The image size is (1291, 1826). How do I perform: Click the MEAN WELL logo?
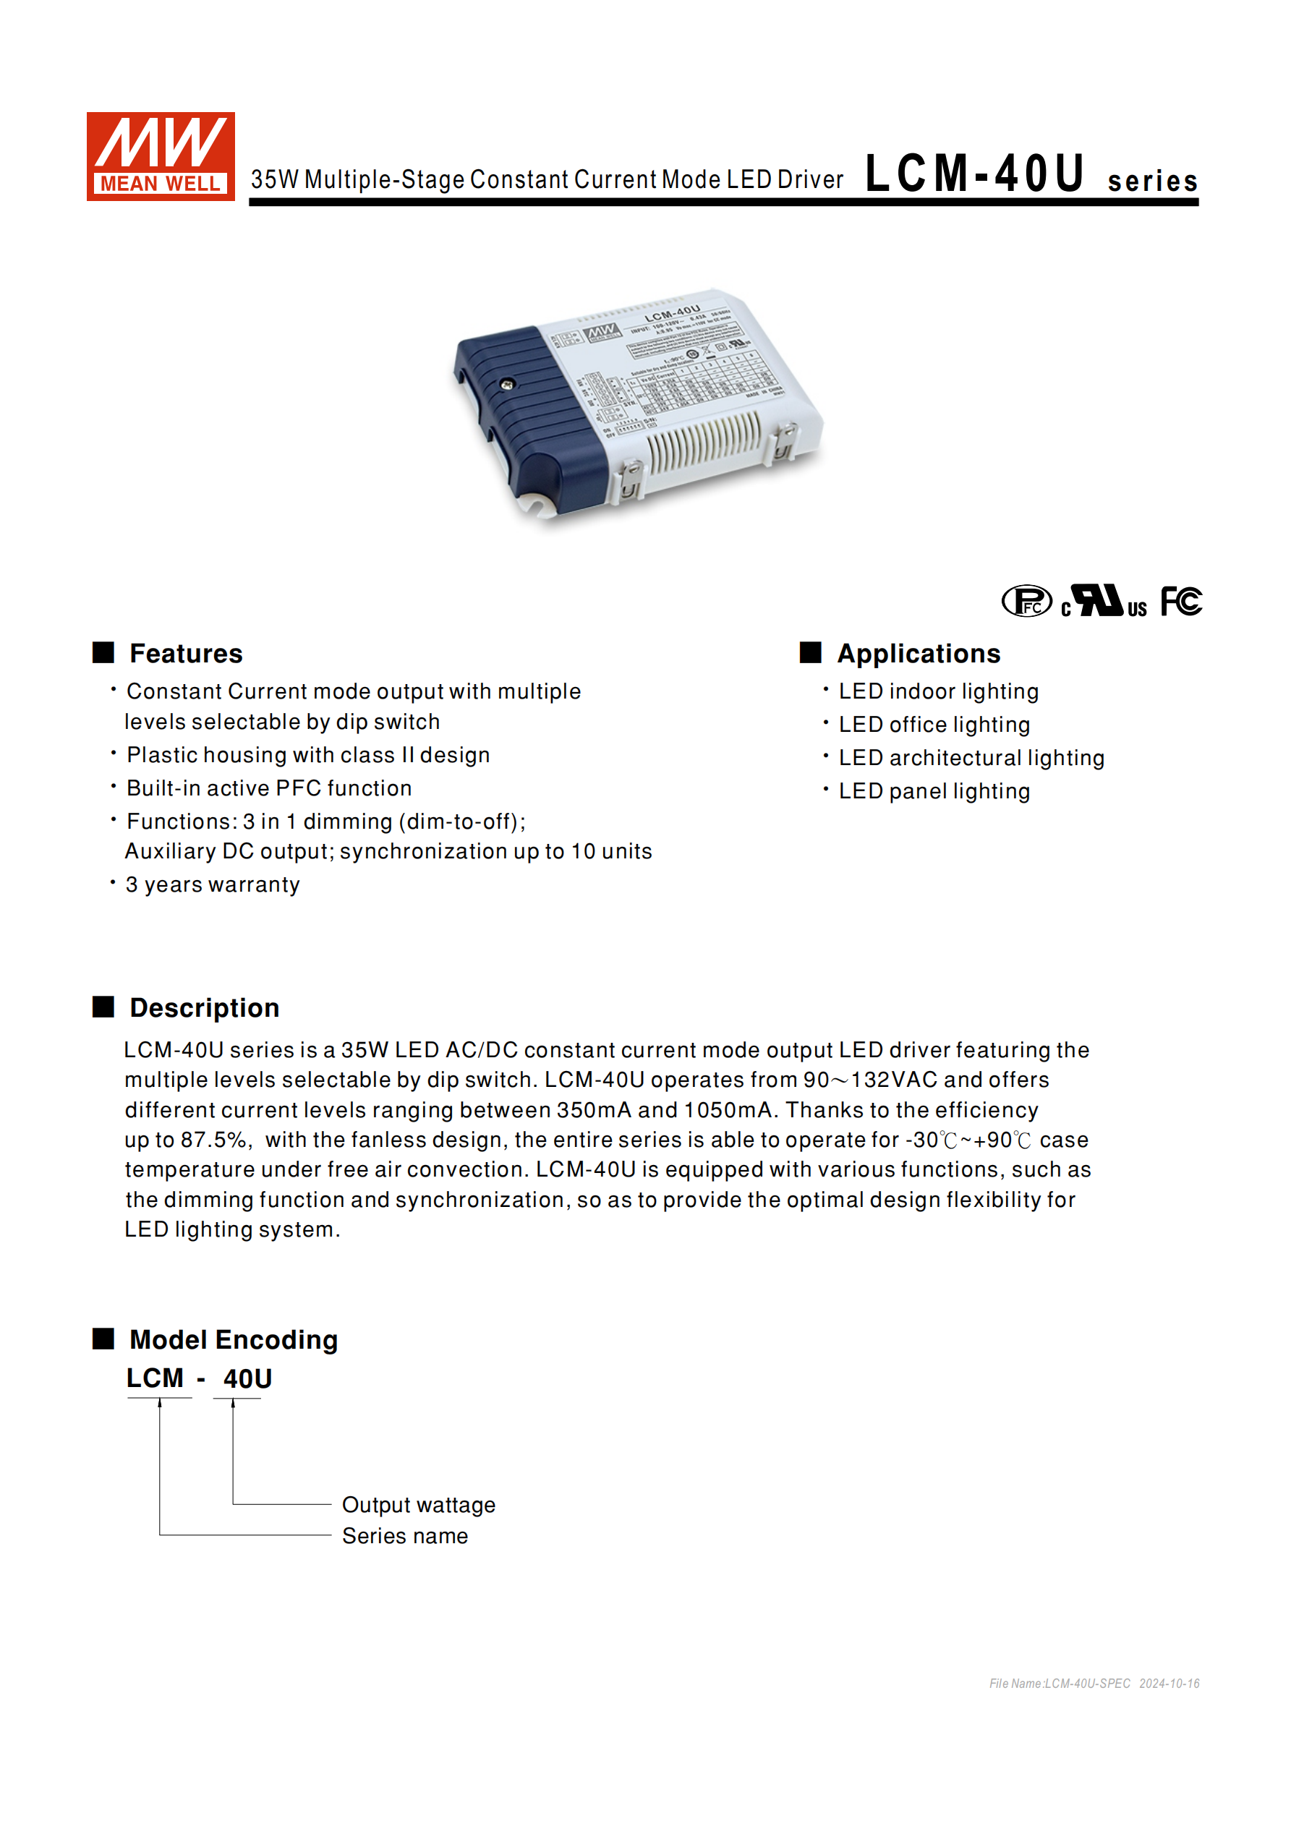[x=160, y=156]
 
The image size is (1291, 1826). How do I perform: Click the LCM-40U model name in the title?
[x=974, y=174]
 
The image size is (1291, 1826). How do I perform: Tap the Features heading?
[x=185, y=654]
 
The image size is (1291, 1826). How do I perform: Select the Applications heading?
[x=918, y=654]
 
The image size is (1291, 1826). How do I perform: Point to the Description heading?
[x=205, y=1007]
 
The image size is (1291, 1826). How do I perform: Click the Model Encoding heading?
[x=233, y=1339]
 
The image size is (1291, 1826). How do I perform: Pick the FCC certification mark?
[x=1180, y=601]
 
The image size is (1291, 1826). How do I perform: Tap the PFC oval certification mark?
[x=1026, y=601]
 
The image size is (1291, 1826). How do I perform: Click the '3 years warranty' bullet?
[x=213, y=884]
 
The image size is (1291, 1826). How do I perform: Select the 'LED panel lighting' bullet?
[x=934, y=791]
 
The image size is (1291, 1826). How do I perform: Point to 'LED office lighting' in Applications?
[x=934, y=725]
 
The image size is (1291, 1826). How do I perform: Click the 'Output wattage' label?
[x=419, y=1505]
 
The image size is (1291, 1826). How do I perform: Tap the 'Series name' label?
[x=405, y=1536]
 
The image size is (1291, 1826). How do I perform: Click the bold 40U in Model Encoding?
[x=247, y=1378]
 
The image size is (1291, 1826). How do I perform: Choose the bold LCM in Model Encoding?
[x=155, y=1378]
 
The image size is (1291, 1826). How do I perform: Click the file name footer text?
[x=1094, y=1684]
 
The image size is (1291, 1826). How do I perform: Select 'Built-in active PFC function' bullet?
[x=269, y=788]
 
